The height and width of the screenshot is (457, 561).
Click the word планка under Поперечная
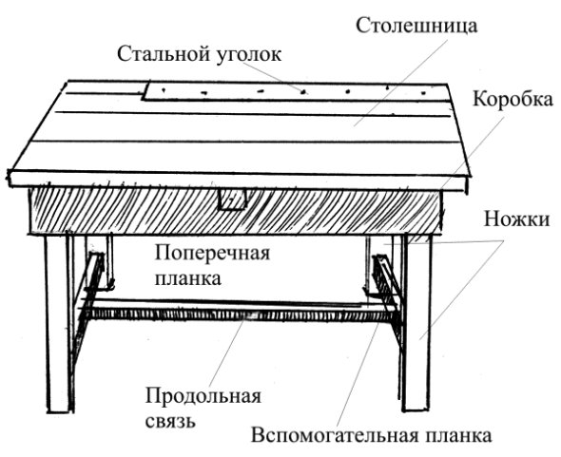point(187,280)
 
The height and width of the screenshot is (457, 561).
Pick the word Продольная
point(202,395)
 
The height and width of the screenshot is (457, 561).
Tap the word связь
point(170,419)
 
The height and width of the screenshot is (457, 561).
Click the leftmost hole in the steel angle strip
point(163,89)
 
